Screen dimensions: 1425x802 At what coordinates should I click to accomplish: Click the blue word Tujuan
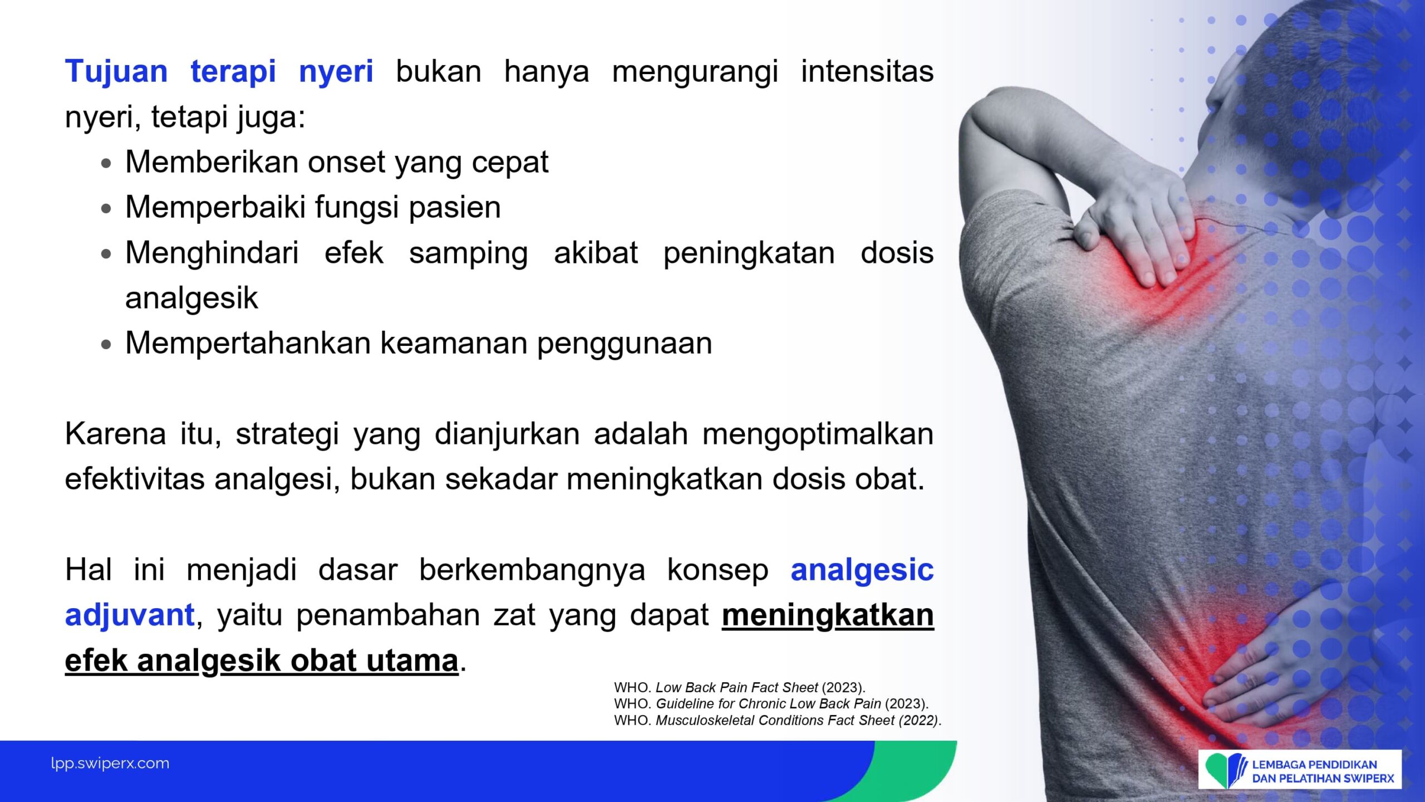click(116, 72)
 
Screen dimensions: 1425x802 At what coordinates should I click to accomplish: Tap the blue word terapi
click(233, 73)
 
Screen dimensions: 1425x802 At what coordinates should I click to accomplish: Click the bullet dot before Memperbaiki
click(106, 209)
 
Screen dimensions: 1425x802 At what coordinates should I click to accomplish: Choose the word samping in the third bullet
click(468, 254)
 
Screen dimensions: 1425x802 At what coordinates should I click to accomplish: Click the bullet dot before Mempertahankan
click(106, 345)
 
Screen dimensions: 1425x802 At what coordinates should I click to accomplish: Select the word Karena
click(115, 434)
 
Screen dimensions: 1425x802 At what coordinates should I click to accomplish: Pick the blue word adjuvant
click(130, 616)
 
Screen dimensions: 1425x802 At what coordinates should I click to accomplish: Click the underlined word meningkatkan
click(828, 616)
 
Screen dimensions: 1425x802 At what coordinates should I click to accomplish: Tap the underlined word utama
click(412, 661)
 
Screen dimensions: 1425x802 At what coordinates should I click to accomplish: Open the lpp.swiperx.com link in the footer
click(110, 764)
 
